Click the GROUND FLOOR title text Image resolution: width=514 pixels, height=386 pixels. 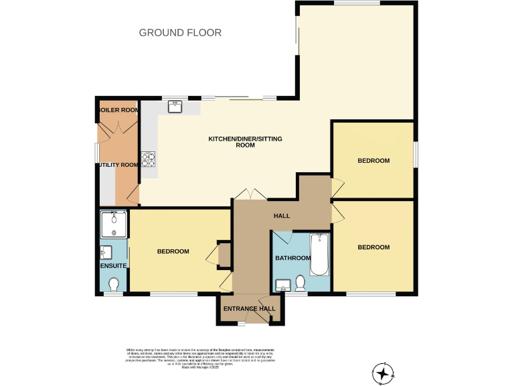pos(180,32)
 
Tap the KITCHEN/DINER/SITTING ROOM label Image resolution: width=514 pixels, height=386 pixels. pos(245,141)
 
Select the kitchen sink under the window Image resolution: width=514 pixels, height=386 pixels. pos(177,106)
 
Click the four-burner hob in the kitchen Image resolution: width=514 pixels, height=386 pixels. pos(148,159)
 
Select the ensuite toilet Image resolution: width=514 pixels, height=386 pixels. pos(113,284)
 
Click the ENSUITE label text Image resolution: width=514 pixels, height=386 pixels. pos(112,266)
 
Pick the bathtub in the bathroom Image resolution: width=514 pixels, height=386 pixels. pos(320,255)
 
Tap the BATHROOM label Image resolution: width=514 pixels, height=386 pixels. pos(292,258)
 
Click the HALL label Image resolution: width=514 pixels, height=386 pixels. pos(281,216)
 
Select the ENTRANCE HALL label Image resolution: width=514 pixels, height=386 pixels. pos(249,308)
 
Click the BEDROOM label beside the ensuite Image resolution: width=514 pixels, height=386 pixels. pos(173,252)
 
